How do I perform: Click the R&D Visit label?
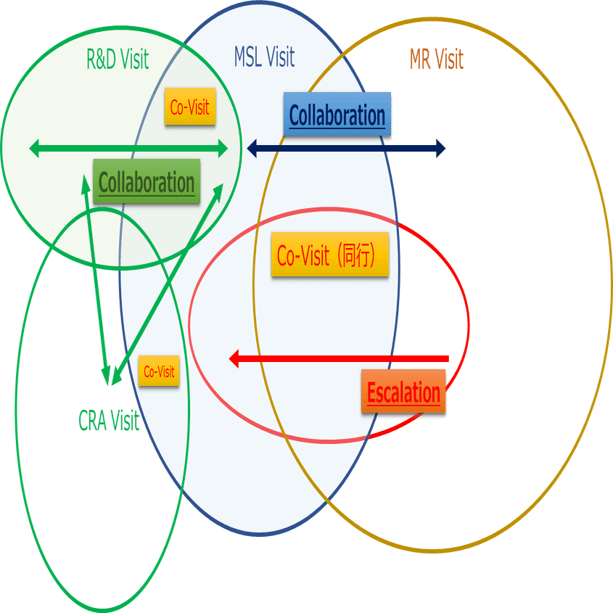coord(118,59)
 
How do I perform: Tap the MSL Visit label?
coord(264,57)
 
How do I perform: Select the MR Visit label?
coord(436,59)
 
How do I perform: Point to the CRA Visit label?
coord(109,421)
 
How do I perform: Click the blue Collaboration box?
coord(337,115)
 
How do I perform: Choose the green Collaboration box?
coord(147,181)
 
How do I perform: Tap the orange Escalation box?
coord(403,392)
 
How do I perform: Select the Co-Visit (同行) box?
coord(330,255)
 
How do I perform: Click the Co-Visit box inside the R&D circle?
coord(190,107)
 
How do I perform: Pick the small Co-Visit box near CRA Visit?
coord(159,371)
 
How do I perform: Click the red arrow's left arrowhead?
coord(234,358)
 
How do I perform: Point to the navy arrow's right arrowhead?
coord(440,149)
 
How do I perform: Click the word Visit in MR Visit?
coord(450,59)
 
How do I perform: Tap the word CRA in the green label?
coord(92,421)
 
